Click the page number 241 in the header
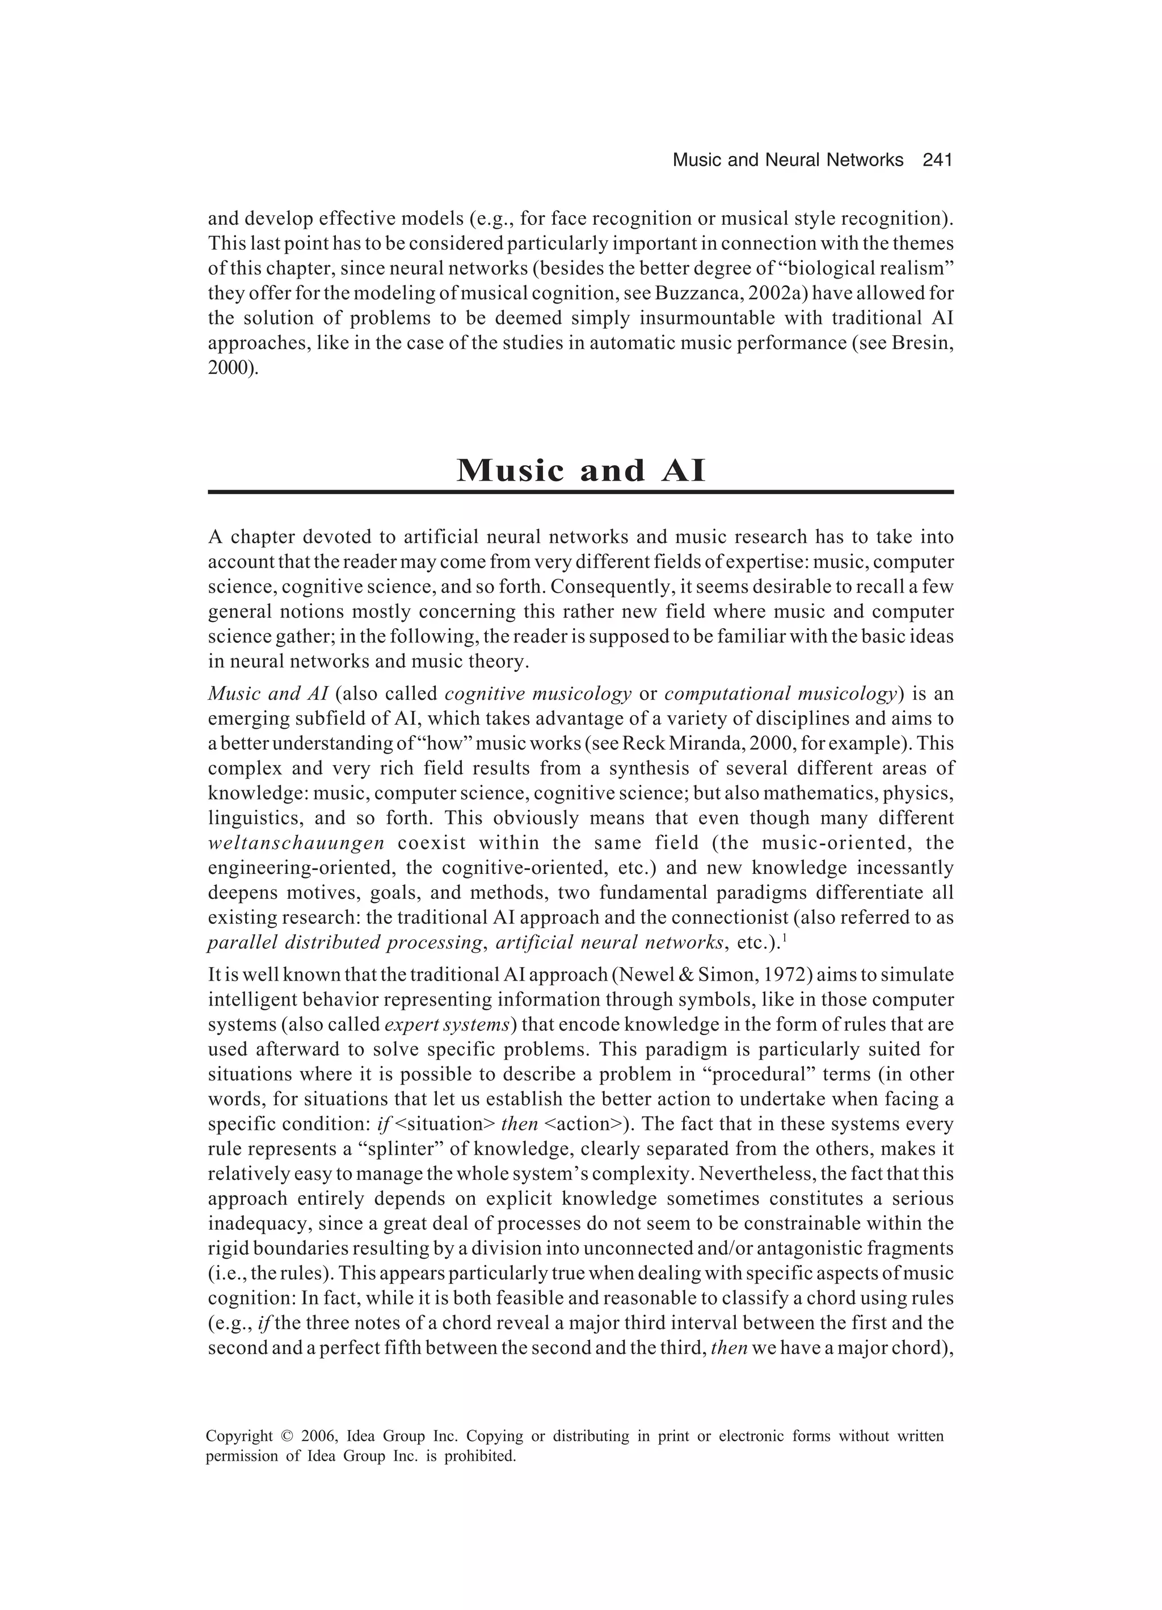936,161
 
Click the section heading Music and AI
580,470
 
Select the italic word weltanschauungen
296,843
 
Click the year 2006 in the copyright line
319,1437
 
